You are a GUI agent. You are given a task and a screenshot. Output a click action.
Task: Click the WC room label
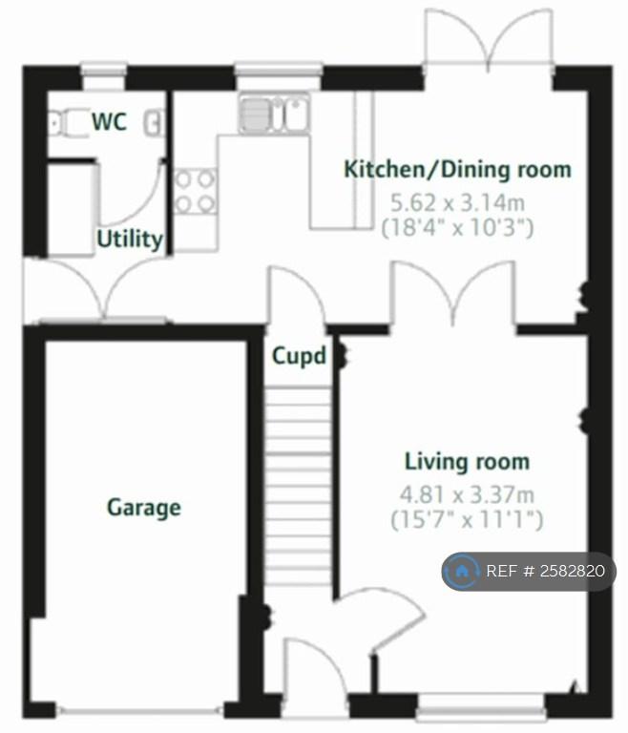coord(110,121)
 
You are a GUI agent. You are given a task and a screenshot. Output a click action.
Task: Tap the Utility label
coord(130,240)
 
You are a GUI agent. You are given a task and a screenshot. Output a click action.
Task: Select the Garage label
coord(144,508)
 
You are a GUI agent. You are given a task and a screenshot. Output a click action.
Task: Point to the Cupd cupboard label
coord(300,356)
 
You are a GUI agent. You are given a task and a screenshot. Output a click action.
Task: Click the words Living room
coord(467,461)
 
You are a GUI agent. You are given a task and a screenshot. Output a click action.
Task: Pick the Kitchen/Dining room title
coord(458,169)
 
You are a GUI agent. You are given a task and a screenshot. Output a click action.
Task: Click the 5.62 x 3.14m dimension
coord(458,203)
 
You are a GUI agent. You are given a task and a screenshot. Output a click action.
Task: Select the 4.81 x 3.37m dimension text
coord(467,494)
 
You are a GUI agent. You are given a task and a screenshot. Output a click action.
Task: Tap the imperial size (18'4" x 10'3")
coord(458,228)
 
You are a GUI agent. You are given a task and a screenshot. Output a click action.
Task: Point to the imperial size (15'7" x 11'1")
coord(467,520)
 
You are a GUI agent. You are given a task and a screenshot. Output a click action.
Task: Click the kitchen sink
coord(274,114)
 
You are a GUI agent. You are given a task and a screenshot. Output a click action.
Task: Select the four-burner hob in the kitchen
coord(195,192)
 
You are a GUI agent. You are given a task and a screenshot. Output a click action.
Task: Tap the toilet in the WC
coord(69,122)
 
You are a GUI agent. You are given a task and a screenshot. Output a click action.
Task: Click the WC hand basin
coord(154,122)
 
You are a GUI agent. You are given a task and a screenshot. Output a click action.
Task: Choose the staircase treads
coord(298,486)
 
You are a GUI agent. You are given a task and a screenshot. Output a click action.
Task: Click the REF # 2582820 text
coord(545,571)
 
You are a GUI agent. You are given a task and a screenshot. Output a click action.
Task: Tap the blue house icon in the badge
coord(462,571)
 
